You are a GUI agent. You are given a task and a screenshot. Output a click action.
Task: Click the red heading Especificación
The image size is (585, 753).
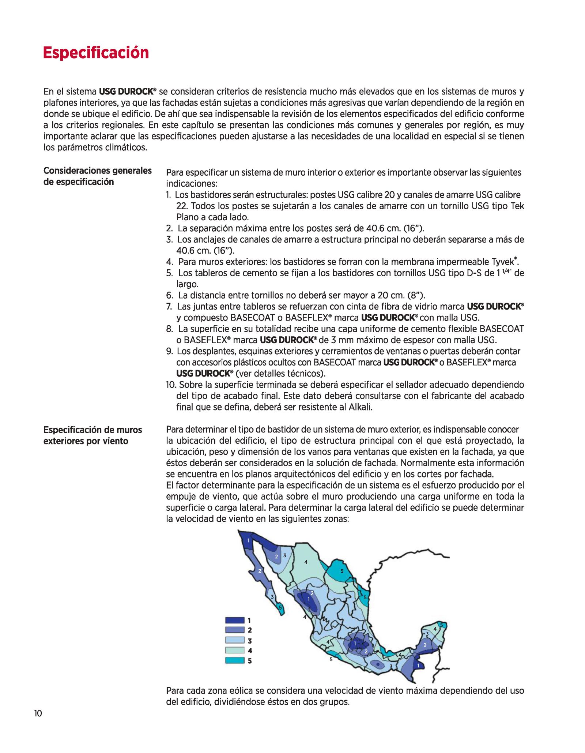click(96, 53)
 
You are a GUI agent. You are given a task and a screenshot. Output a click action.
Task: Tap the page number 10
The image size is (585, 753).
click(38, 713)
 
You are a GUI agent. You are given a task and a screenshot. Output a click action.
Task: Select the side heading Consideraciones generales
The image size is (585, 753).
click(97, 171)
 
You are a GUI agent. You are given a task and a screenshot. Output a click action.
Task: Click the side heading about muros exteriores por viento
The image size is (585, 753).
click(93, 435)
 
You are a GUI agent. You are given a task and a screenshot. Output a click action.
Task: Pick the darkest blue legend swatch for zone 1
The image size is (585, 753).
click(234, 620)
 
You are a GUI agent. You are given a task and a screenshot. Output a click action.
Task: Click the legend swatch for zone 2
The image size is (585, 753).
click(234, 630)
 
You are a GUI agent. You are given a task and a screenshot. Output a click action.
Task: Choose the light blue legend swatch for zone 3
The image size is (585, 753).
click(234, 640)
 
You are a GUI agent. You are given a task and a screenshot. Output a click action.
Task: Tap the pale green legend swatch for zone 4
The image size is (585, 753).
click(234, 650)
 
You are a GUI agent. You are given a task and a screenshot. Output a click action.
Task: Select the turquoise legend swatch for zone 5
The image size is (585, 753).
click(234, 660)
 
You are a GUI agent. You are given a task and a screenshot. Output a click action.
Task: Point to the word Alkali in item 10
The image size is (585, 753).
click(360, 407)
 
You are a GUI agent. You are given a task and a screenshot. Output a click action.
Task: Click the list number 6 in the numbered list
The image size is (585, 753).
click(169, 295)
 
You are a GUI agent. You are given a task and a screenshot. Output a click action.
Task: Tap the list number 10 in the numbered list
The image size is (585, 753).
click(171, 385)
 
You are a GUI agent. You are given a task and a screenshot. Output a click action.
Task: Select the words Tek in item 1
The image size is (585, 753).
click(517, 206)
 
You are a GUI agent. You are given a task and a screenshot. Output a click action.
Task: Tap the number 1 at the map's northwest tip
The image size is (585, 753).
click(248, 540)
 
